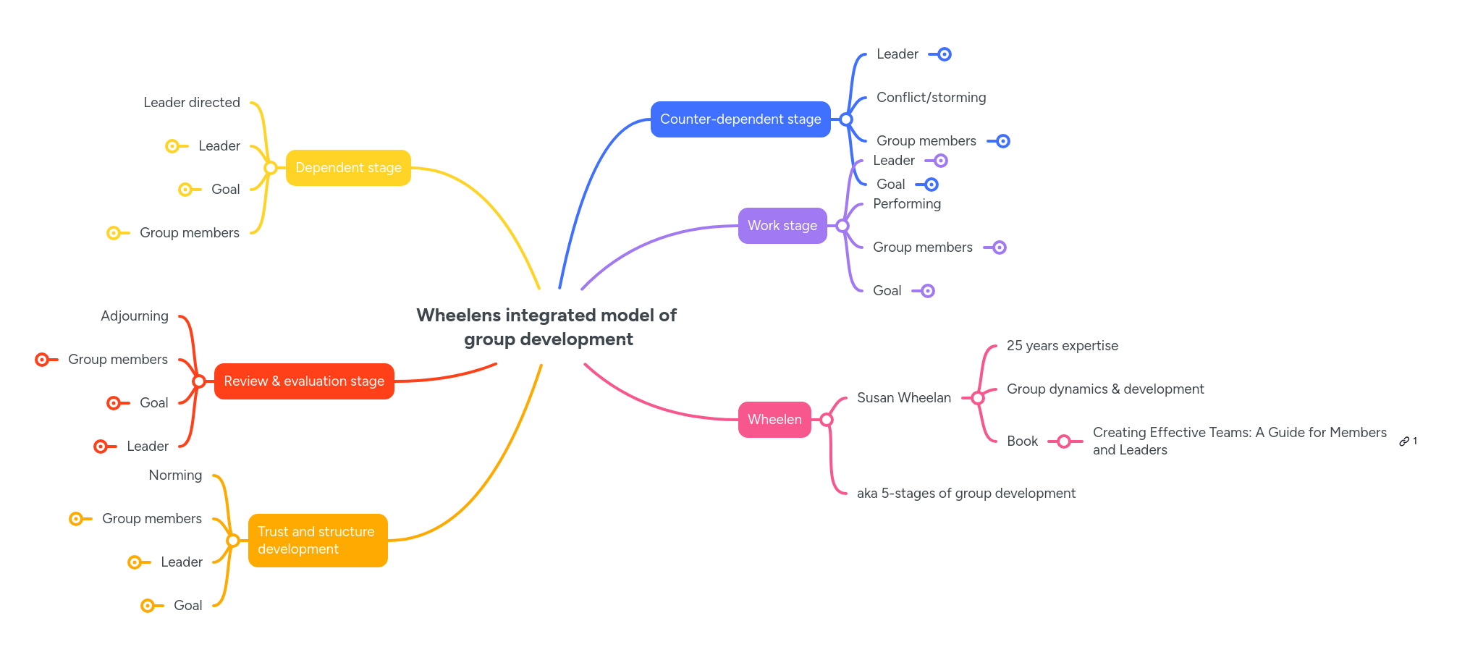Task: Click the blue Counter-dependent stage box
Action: pos(740,119)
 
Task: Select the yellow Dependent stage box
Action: pos(348,168)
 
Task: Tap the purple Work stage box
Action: pos(782,226)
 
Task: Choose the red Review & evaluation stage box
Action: pos(304,381)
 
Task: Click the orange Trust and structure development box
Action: pos(317,541)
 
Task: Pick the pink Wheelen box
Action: pos(774,420)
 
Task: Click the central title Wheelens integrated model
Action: pos(547,327)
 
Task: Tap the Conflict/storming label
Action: pos(931,98)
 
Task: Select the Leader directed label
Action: pos(192,103)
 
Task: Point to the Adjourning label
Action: pos(135,316)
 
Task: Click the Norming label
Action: pos(175,475)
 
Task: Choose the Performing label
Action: pos(906,204)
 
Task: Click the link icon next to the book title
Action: pos(1404,441)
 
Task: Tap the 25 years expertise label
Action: pos(1062,346)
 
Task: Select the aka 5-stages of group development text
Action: pos(966,494)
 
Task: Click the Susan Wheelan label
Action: pos(903,398)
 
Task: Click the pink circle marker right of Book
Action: pos(1063,441)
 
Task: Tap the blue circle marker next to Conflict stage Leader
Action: pos(944,54)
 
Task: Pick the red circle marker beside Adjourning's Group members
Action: pos(42,360)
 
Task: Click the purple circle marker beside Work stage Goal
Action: pos(927,291)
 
